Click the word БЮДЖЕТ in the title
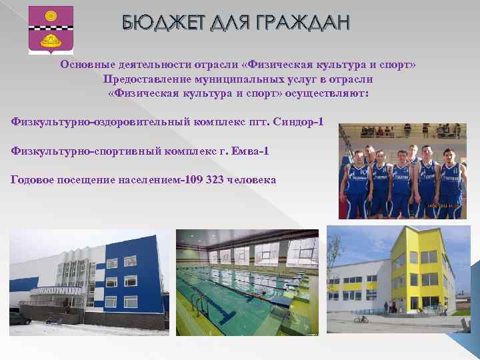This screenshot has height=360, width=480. (155, 24)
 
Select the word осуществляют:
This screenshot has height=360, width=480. (327, 93)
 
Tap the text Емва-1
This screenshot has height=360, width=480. (250, 151)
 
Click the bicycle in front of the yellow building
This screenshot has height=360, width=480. (361, 319)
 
